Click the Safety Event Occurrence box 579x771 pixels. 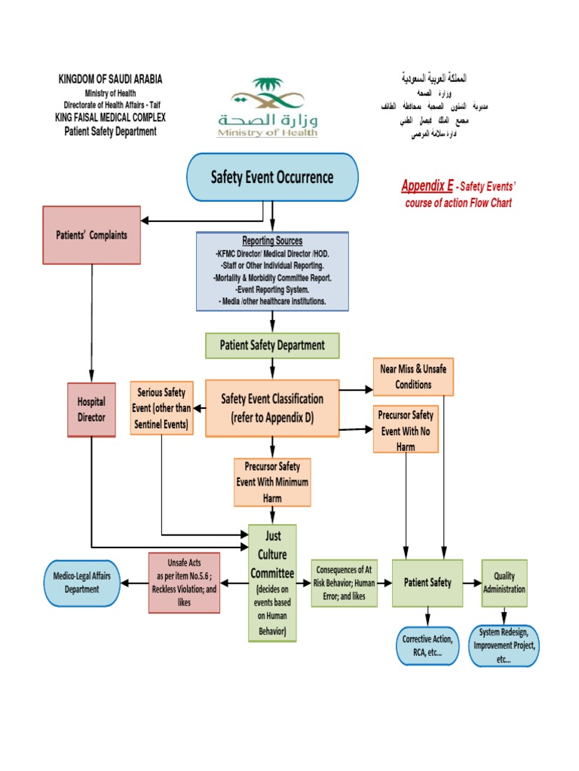tap(272, 178)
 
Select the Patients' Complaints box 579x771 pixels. tap(92, 235)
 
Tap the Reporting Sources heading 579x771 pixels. tap(272, 241)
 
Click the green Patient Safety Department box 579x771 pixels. tap(272, 346)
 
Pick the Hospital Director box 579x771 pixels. tap(92, 410)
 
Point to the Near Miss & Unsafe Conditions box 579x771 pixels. tap(413, 376)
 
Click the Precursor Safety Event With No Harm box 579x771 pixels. tap(406, 428)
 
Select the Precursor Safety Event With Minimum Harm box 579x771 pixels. tap(272, 482)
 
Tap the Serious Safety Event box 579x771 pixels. tap(162, 408)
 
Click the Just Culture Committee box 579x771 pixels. tap(272, 583)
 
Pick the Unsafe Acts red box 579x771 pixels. tap(184, 583)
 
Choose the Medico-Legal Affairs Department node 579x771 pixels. tap(82, 583)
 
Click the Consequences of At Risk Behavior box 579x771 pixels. tap(345, 583)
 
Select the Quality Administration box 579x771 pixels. tap(504, 583)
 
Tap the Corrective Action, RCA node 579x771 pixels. tap(427, 645)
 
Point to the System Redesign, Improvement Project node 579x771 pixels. tap(504, 645)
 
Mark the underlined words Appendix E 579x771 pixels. tap(427, 186)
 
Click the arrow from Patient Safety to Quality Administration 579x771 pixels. tap(473, 583)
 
